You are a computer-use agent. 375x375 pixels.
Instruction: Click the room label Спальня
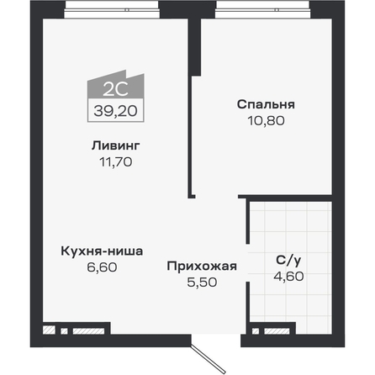pyautogui.click(x=266, y=104)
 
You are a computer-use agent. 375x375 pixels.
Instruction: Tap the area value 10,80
pyautogui.click(x=266, y=120)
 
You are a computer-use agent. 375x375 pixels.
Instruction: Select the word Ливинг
pyautogui.click(x=116, y=145)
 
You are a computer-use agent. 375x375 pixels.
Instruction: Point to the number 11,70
pyautogui.click(x=116, y=161)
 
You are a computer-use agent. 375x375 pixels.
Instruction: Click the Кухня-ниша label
pyautogui.click(x=102, y=251)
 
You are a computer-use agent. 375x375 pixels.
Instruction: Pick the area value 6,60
pyautogui.click(x=102, y=267)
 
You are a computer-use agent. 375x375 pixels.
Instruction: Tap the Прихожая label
pyautogui.click(x=202, y=267)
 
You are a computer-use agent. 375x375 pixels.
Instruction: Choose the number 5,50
pyautogui.click(x=202, y=283)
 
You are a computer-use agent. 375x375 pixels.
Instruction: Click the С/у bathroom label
pyautogui.click(x=288, y=261)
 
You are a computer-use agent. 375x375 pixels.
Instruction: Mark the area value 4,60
pyautogui.click(x=288, y=277)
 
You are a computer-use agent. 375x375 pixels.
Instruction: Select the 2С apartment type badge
pyautogui.click(x=116, y=86)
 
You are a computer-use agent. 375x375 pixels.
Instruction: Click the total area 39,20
pyautogui.click(x=116, y=111)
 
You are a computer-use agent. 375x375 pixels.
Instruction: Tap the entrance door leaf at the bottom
pyautogui.click(x=209, y=359)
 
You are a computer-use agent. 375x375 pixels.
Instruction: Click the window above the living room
pyautogui.click(x=113, y=10)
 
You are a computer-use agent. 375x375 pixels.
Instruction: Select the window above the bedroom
pyautogui.click(x=262, y=10)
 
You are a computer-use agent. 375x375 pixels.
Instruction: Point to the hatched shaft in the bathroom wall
pyautogui.click(x=277, y=331)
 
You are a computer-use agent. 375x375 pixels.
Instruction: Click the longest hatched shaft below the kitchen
pyautogui.click(x=88, y=331)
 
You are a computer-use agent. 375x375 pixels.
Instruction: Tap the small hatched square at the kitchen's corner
pyautogui.click(x=49, y=330)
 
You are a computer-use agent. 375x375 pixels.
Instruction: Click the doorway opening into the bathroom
pyautogui.click(x=248, y=262)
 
